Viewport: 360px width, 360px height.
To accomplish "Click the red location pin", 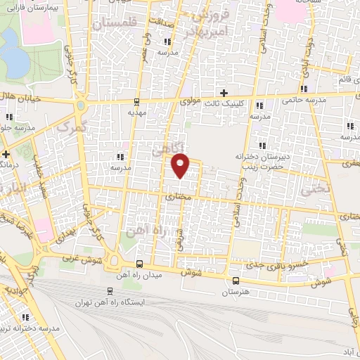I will (181, 165).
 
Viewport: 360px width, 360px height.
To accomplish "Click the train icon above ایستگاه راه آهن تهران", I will (109, 291).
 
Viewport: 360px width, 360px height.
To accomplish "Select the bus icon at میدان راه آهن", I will (139, 264).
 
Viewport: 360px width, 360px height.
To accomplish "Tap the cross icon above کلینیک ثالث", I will (224, 93).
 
